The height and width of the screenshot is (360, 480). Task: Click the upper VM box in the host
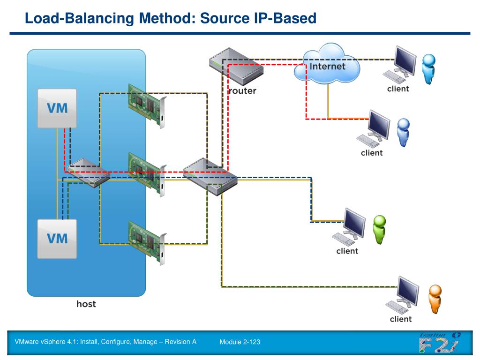pyautogui.click(x=57, y=108)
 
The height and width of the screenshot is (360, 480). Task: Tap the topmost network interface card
pyautogui.click(x=147, y=105)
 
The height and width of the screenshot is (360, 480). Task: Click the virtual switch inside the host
pyautogui.click(x=88, y=173)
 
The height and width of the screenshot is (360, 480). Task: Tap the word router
pyautogui.click(x=242, y=91)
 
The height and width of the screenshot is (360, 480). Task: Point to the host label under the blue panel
pyautogui.click(x=86, y=304)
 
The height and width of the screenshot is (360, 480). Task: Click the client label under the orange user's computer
pyautogui.click(x=401, y=319)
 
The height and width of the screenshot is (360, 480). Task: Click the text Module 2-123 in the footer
pyautogui.click(x=240, y=342)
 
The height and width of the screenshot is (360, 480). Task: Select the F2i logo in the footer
pyautogui.click(x=440, y=342)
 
